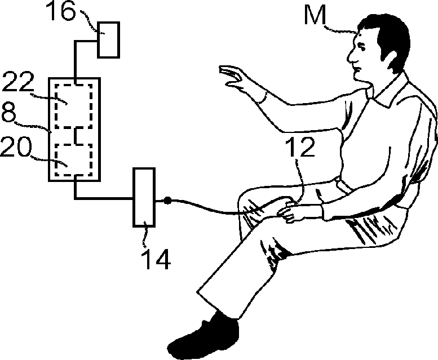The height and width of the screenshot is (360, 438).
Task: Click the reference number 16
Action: tap(60, 11)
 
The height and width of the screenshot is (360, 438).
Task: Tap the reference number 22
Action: tap(18, 82)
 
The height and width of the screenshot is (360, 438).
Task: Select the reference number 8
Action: tap(8, 112)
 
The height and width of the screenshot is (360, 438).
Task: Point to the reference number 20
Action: tap(16, 147)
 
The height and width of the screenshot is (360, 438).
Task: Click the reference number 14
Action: tap(157, 259)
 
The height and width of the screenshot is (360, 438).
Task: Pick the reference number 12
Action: tap(300, 146)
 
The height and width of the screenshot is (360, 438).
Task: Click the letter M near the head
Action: tap(315, 15)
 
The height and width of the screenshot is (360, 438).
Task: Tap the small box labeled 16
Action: tap(109, 40)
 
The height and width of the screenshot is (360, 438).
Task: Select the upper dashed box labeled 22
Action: tap(73, 106)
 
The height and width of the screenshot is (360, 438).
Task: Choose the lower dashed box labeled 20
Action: tap(73, 160)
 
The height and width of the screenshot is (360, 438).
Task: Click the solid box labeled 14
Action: tap(144, 197)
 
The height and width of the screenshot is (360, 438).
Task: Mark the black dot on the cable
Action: tap(167, 201)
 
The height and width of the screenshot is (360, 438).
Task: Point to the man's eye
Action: tap(361, 46)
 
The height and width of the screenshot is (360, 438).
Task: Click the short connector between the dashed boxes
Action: tap(76, 136)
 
